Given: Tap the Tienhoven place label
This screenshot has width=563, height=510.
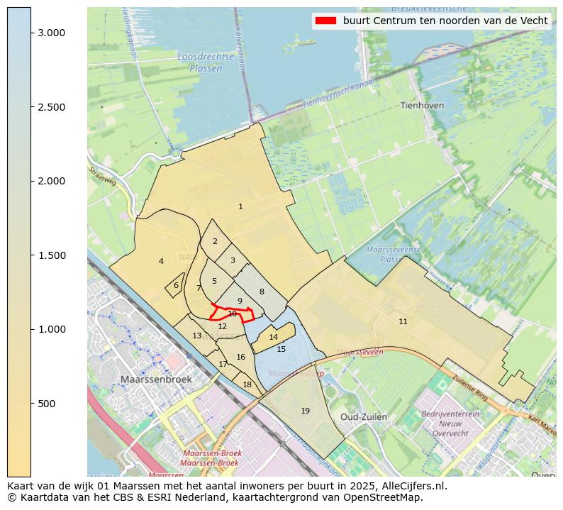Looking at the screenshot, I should [422, 105].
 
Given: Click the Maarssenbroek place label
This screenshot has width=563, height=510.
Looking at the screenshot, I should [156, 379].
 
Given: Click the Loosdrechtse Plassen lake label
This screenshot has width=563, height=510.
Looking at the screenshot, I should [200, 62].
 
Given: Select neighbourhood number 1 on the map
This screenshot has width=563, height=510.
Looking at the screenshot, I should [240, 207].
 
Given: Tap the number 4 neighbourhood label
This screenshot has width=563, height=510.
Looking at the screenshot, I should [161, 262].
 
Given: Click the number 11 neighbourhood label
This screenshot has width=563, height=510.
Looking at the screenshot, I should [403, 322].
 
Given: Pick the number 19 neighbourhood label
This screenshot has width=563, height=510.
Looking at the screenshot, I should [305, 411].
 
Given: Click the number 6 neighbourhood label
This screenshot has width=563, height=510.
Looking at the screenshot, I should [176, 285].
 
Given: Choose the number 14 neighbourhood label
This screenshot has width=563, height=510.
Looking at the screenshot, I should [273, 337].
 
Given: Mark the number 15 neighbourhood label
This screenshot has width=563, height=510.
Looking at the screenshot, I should [281, 349].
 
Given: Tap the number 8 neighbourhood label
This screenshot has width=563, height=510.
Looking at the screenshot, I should [261, 292].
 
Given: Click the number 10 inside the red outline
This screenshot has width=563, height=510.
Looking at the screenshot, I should [232, 314].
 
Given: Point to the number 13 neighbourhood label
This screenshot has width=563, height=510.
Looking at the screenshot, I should [196, 336].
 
